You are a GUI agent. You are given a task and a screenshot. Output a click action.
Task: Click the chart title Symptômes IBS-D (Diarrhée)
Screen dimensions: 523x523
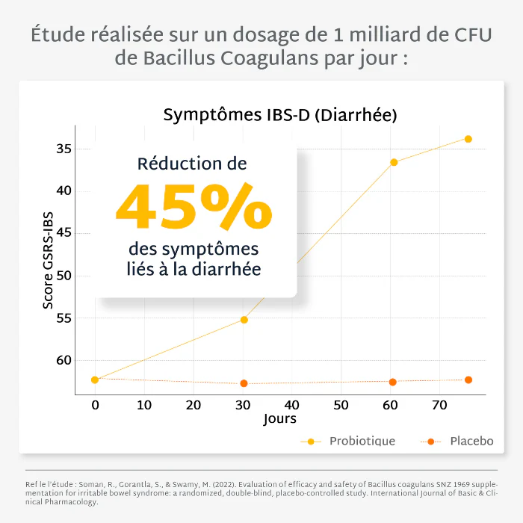pos(279,116)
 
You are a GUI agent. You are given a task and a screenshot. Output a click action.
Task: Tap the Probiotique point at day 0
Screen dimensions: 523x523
pos(95,380)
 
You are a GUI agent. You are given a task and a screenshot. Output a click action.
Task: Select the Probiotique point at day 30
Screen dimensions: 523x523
pos(244,320)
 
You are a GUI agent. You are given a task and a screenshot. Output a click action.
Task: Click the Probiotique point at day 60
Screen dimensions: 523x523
pos(394,162)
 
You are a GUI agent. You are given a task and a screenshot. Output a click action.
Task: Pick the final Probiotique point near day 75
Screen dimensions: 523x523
pos(468,139)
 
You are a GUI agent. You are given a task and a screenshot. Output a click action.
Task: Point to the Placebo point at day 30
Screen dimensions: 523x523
pos(244,383)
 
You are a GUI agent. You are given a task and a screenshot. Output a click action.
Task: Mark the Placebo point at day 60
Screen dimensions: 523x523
pos(392,382)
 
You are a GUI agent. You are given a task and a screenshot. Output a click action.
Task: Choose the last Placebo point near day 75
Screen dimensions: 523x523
pos(468,380)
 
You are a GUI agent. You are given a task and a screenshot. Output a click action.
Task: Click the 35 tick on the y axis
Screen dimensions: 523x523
pos(64,149)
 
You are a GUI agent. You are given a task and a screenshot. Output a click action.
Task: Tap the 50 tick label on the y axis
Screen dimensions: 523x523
pos(64,276)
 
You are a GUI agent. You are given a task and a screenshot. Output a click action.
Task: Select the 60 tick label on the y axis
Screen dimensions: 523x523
pos(64,361)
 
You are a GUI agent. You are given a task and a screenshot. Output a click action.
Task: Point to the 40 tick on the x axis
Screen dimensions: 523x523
pos(292,405)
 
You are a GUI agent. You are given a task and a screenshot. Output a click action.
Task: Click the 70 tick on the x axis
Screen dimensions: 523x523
pos(440,405)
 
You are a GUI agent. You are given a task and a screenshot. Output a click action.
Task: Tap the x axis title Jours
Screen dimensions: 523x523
pos(280,419)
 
